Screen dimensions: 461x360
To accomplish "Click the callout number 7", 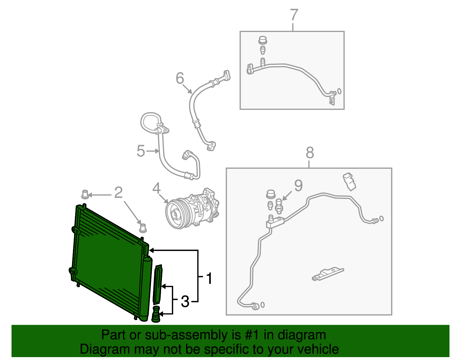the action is [x=294, y=15].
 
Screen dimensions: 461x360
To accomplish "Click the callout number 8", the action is [x=310, y=153].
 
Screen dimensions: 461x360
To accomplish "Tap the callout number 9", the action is [x=298, y=186].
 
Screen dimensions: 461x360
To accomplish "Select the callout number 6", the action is [x=180, y=78].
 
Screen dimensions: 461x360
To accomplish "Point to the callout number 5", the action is [x=141, y=151].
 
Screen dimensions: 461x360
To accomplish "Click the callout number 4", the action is [x=156, y=189].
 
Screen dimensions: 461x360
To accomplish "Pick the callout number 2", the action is [x=118, y=193].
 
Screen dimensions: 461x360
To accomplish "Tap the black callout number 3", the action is [x=185, y=301].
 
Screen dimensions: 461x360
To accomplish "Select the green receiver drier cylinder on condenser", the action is [x=146, y=288].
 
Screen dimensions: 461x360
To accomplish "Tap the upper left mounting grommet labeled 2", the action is [x=85, y=194].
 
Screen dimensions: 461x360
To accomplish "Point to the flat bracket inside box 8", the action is [x=328, y=274].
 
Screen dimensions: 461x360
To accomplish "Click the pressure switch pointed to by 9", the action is [x=279, y=206].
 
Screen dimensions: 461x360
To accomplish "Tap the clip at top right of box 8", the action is [x=349, y=181].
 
